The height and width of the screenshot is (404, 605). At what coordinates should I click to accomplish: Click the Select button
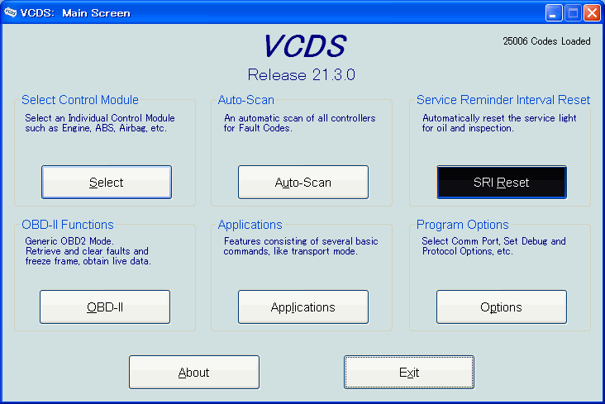pos(107,182)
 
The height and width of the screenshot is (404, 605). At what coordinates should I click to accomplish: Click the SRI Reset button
pos(502,182)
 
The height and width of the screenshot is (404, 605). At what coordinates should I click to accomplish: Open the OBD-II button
pos(105,307)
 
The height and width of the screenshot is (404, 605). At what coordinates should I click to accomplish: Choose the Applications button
pos(303,307)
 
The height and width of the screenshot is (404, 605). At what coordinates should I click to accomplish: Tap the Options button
pos(502,307)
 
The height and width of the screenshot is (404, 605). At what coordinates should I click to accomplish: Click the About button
pos(194,372)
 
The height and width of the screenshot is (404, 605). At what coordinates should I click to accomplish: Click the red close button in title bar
pos(592,12)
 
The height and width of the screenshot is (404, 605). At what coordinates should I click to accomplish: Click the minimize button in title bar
pos(554,12)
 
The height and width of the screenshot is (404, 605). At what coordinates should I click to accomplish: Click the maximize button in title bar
pos(573,12)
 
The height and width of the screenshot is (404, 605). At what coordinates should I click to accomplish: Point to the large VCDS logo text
pos(305,46)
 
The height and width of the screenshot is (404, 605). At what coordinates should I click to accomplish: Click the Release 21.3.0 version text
pos(302,75)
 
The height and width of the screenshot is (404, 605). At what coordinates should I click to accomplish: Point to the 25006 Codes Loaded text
pos(547,41)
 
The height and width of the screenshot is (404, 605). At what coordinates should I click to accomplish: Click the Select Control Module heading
pos(80,100)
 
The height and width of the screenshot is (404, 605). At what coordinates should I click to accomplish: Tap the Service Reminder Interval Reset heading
pos(503,100)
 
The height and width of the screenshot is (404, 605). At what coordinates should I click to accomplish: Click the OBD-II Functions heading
pos(68,225)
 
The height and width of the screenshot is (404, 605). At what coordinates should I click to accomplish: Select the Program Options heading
pos(462,225)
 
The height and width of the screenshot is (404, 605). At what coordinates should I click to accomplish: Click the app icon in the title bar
pos(11,12)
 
